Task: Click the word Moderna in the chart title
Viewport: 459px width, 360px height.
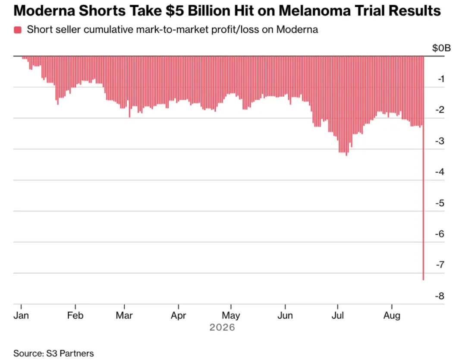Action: [x=44, y=11]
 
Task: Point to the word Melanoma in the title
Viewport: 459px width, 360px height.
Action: [x=314, y=11]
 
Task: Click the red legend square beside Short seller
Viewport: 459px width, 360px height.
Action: [x=18, y=30]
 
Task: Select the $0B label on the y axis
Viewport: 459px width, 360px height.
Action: [x=441, y=48]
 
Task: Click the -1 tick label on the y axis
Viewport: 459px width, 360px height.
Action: [x=441, y=79]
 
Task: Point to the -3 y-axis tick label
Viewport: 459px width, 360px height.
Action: [x=440, y=141]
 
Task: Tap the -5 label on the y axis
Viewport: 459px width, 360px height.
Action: [x=440, y=203]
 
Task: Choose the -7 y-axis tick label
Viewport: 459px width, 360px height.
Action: [x=440, y=265]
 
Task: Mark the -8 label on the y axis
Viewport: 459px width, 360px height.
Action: [x=440, y=296]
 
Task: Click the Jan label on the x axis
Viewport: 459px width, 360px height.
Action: [x=21, y=316]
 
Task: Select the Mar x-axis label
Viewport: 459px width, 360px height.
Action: [x=124, y=316]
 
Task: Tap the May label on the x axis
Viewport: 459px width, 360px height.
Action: [x=231, y=316]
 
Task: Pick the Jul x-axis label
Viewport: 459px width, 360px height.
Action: [x=337, y=316]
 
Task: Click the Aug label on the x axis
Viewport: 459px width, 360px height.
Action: [x=392, y=316]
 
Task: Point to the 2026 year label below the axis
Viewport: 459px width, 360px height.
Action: [x=222, y=327]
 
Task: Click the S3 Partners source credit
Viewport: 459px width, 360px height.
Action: [x=70, y=353]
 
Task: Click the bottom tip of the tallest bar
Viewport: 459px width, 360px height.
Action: [x=423, y=280]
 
